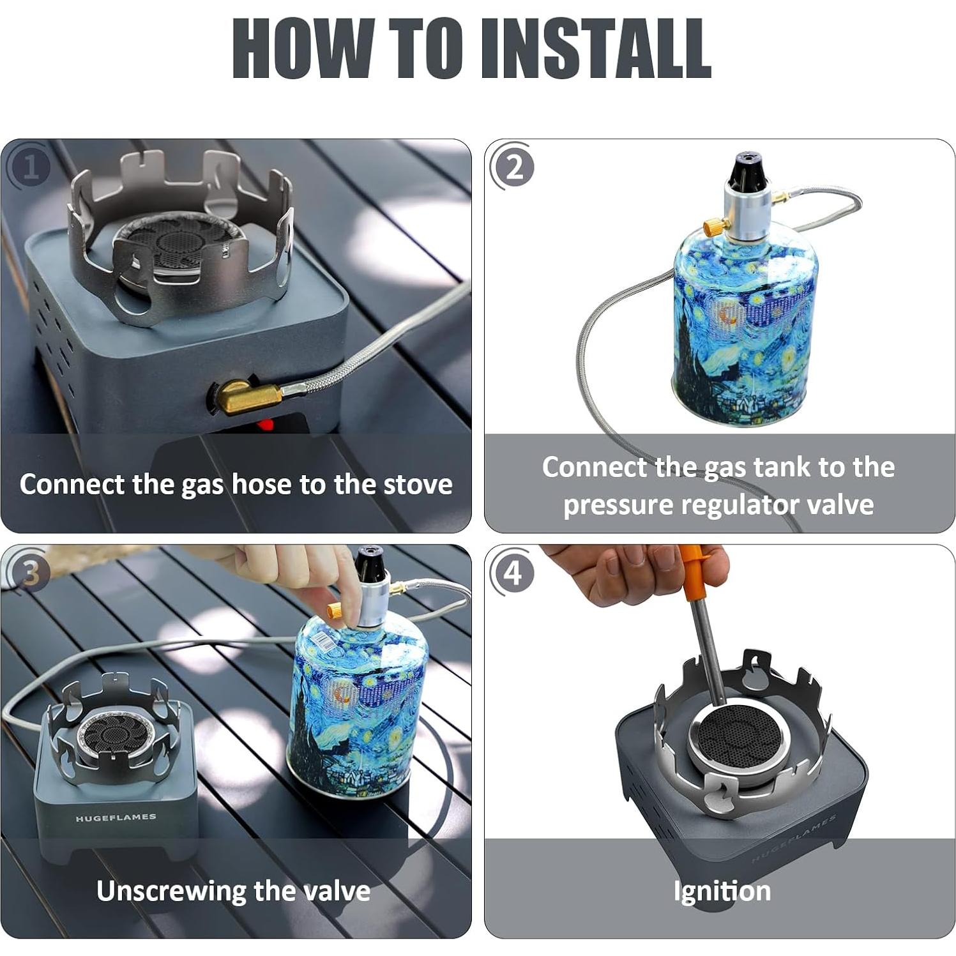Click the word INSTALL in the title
pyautogui.click(x=595, y=48)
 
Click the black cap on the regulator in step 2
pyautogui.click(x=747, y=168)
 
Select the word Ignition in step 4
pyautogui.click(x=722, y=890)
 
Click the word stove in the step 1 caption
pyautogui.click(x=418, y=484)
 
